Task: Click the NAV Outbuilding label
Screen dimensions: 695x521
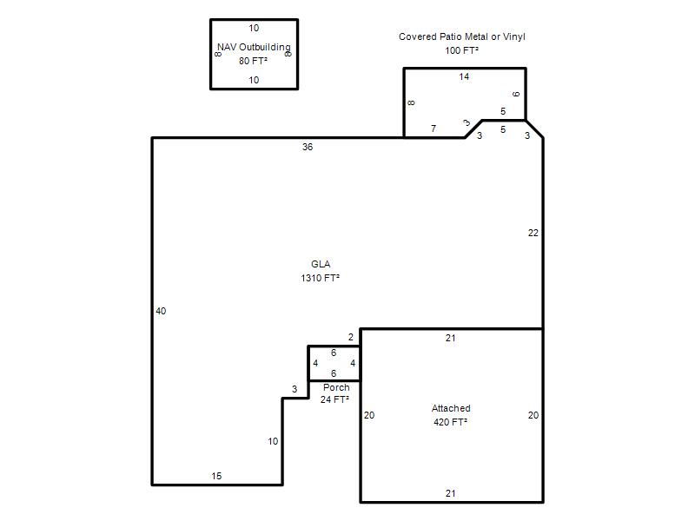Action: tap(254, 47)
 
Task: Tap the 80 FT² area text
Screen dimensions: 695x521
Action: tap(253, 61)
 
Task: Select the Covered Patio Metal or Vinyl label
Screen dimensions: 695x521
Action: tap(462, 36)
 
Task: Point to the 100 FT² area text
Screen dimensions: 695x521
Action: tap(462, 50)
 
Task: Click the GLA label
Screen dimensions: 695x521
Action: tap(321, 264)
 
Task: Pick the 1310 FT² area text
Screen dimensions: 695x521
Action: tap(320, 278)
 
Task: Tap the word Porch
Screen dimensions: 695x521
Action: tap(336, 387)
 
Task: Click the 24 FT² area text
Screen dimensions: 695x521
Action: tap(334, 399)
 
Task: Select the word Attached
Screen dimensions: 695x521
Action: tap(451, 408)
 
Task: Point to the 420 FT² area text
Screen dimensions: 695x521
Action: tap(450, 422)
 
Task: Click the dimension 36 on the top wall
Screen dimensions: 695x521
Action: tap(308, 147)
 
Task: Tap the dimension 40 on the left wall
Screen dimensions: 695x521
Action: tap(161, 311)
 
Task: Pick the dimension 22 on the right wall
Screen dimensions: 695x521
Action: tap(533, 233)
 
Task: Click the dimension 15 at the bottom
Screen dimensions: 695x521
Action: tap(216, 476)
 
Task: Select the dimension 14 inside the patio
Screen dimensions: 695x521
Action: tap(464, 76)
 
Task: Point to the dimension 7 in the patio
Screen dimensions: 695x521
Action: tap(434, 129)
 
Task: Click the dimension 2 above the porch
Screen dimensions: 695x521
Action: tap(351, 337)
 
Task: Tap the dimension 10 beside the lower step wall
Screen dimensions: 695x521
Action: tap(273, 441)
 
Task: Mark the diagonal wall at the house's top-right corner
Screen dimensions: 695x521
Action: tap(534, 129)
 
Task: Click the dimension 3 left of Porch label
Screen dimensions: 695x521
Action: tap(295, 389)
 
